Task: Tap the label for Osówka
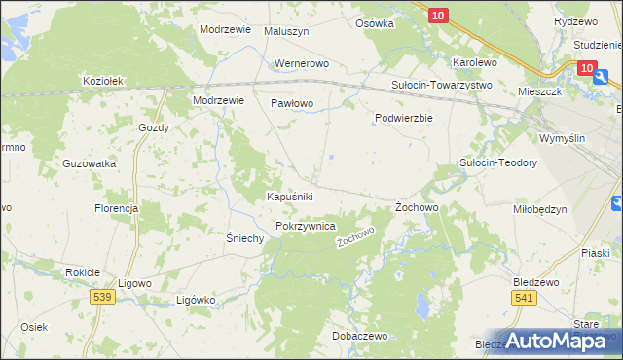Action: click(x=375, y=23)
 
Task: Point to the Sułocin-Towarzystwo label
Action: click(x=442, y=85)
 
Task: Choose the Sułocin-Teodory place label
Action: click(x=498, y=163)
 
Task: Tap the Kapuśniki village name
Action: click(x=290, y=197)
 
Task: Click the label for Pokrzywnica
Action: click(x=306, y=226)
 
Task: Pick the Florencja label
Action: click(x=116, y=209)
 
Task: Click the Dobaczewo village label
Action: click(x=359, y=336)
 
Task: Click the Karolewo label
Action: click(x=475, y=62)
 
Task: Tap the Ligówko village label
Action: click(x=195, y=300)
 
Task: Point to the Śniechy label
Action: click(x=245, y=239)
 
